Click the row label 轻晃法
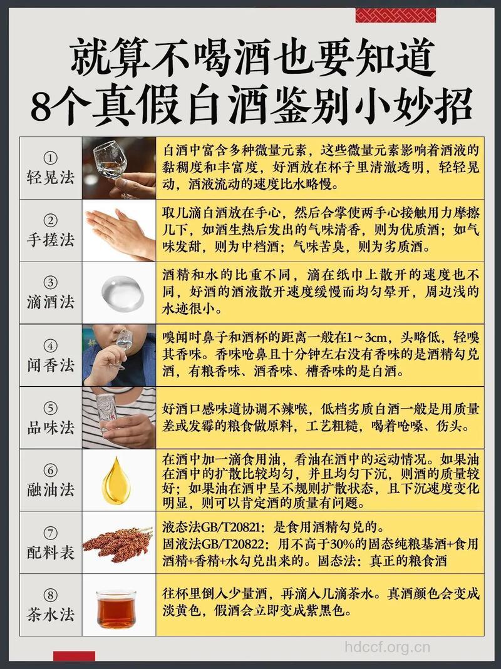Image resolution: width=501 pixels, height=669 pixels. [51, 176]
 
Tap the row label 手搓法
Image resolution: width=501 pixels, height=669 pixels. [51, 239]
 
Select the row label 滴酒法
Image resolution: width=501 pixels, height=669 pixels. [51, 302]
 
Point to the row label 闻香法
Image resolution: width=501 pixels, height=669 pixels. [51, 364]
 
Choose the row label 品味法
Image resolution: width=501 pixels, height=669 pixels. [51, 427]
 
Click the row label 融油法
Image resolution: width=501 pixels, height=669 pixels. [51, 489]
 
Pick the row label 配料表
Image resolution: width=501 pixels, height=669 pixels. [51, 552]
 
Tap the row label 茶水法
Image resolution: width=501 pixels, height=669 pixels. [51, 614]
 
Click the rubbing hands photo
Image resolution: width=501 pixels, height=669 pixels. [118, 230]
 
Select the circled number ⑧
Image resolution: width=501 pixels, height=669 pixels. [51, 595]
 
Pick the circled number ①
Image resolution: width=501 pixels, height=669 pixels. [51, 157]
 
